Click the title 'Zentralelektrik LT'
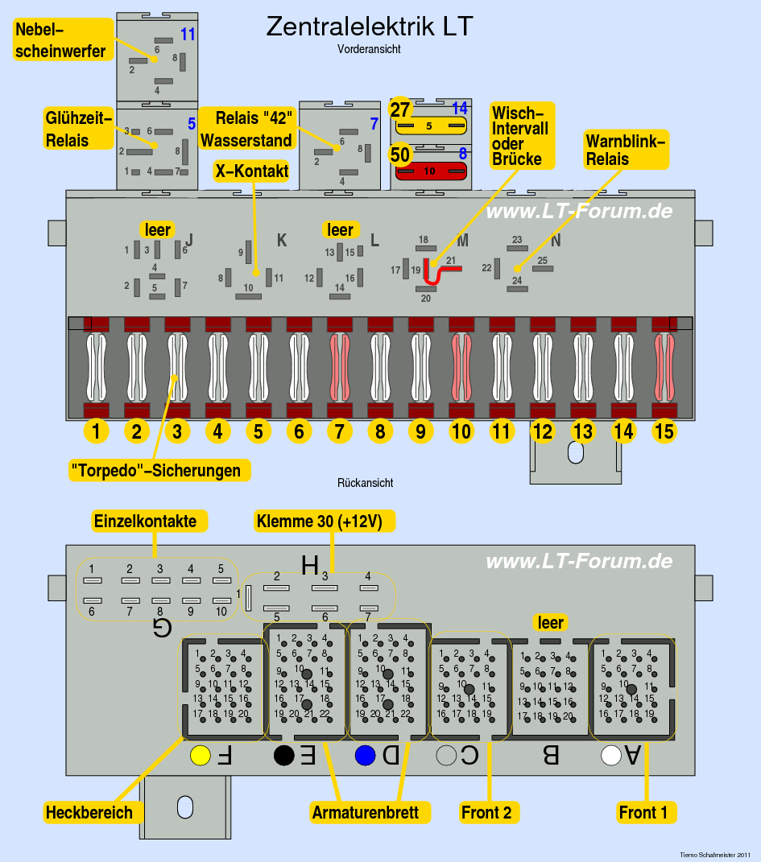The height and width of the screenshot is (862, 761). tap(369, 27)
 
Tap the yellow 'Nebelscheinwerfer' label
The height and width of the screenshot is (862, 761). tap(60, 41)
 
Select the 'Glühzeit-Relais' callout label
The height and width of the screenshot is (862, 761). tap(77, 129)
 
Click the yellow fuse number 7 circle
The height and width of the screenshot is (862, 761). tap(339, 431)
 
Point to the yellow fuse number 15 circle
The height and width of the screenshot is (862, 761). tap(664, 431)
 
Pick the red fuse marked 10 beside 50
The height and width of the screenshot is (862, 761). tap(430, 171)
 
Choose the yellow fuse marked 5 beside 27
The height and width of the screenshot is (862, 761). tap(429, 126)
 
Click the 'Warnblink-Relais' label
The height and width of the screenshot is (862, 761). tap(626, 150)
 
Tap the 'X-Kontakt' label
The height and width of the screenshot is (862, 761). tap(251, 171)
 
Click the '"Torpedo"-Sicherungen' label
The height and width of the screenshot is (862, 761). tap(155, 471)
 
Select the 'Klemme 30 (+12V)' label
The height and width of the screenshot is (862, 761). tap(325, 521)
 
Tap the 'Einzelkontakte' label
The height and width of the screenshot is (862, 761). tap(145, 521)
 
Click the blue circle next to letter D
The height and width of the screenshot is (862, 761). tap(366, 756)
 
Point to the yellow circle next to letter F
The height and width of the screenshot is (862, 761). tap(200, 756)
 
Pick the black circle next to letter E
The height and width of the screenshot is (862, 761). tap(283, 756)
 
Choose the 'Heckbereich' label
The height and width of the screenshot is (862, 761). tap(89, 812)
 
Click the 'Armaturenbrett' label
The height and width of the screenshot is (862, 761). tap(365, 812)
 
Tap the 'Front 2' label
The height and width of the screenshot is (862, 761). tap(486, 812)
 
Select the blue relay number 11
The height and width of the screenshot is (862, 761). tap(188, 35)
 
